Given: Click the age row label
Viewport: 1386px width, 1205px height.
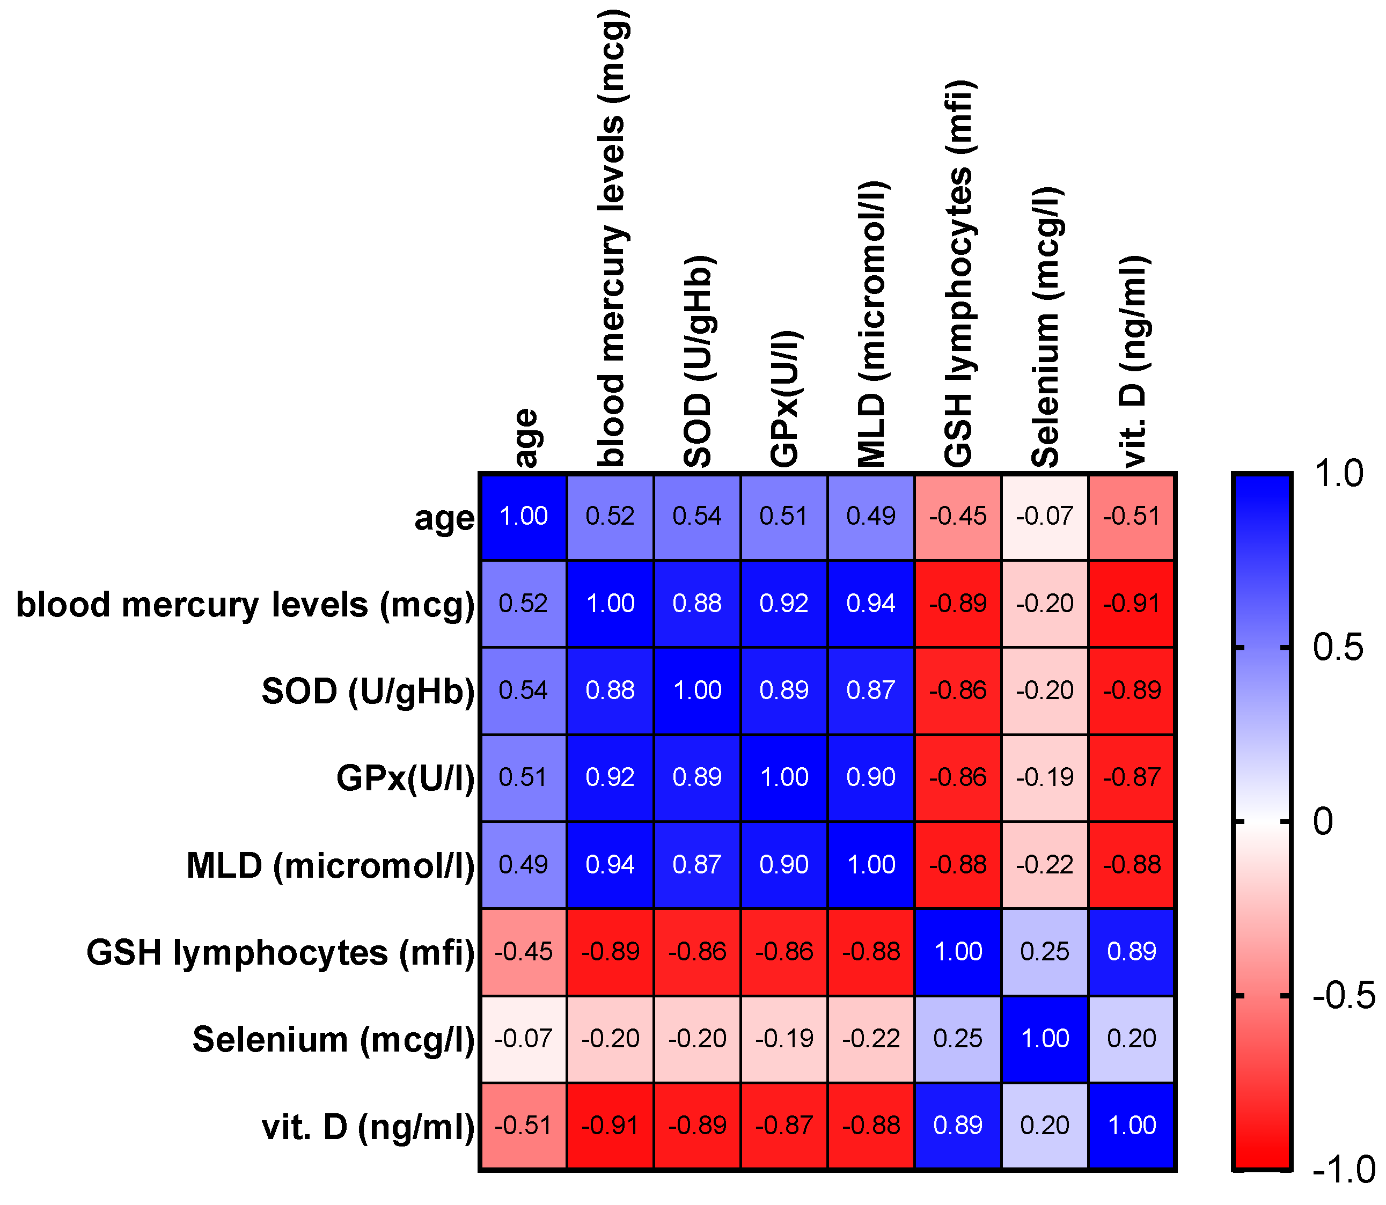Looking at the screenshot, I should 444,518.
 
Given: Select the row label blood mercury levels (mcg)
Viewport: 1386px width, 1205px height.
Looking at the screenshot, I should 245,605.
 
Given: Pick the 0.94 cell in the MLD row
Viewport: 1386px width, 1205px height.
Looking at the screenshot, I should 610,865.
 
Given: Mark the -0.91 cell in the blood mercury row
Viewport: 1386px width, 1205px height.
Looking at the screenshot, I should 1132,603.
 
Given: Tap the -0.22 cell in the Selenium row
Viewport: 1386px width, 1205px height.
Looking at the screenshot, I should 871,1039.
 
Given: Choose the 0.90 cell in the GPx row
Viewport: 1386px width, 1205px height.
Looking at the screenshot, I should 871,777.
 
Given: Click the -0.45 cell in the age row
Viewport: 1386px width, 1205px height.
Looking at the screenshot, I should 958,517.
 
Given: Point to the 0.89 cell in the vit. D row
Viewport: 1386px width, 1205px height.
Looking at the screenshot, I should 958,1126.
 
